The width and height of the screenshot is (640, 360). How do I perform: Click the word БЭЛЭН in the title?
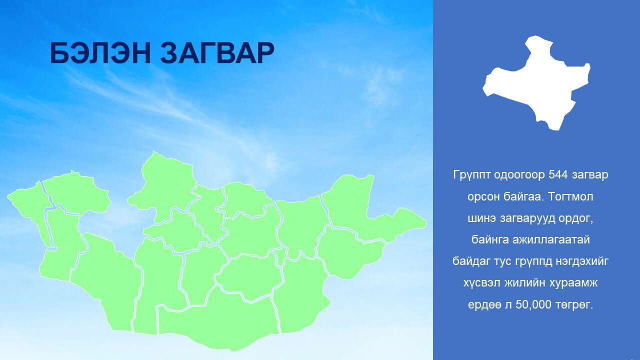(100, 53)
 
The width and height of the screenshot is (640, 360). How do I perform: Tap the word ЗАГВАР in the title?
(217, 53)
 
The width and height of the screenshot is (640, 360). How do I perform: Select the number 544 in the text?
(558, 174)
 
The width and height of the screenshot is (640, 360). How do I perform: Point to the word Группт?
(471, 175)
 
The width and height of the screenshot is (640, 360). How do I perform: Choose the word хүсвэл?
(481, 283)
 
